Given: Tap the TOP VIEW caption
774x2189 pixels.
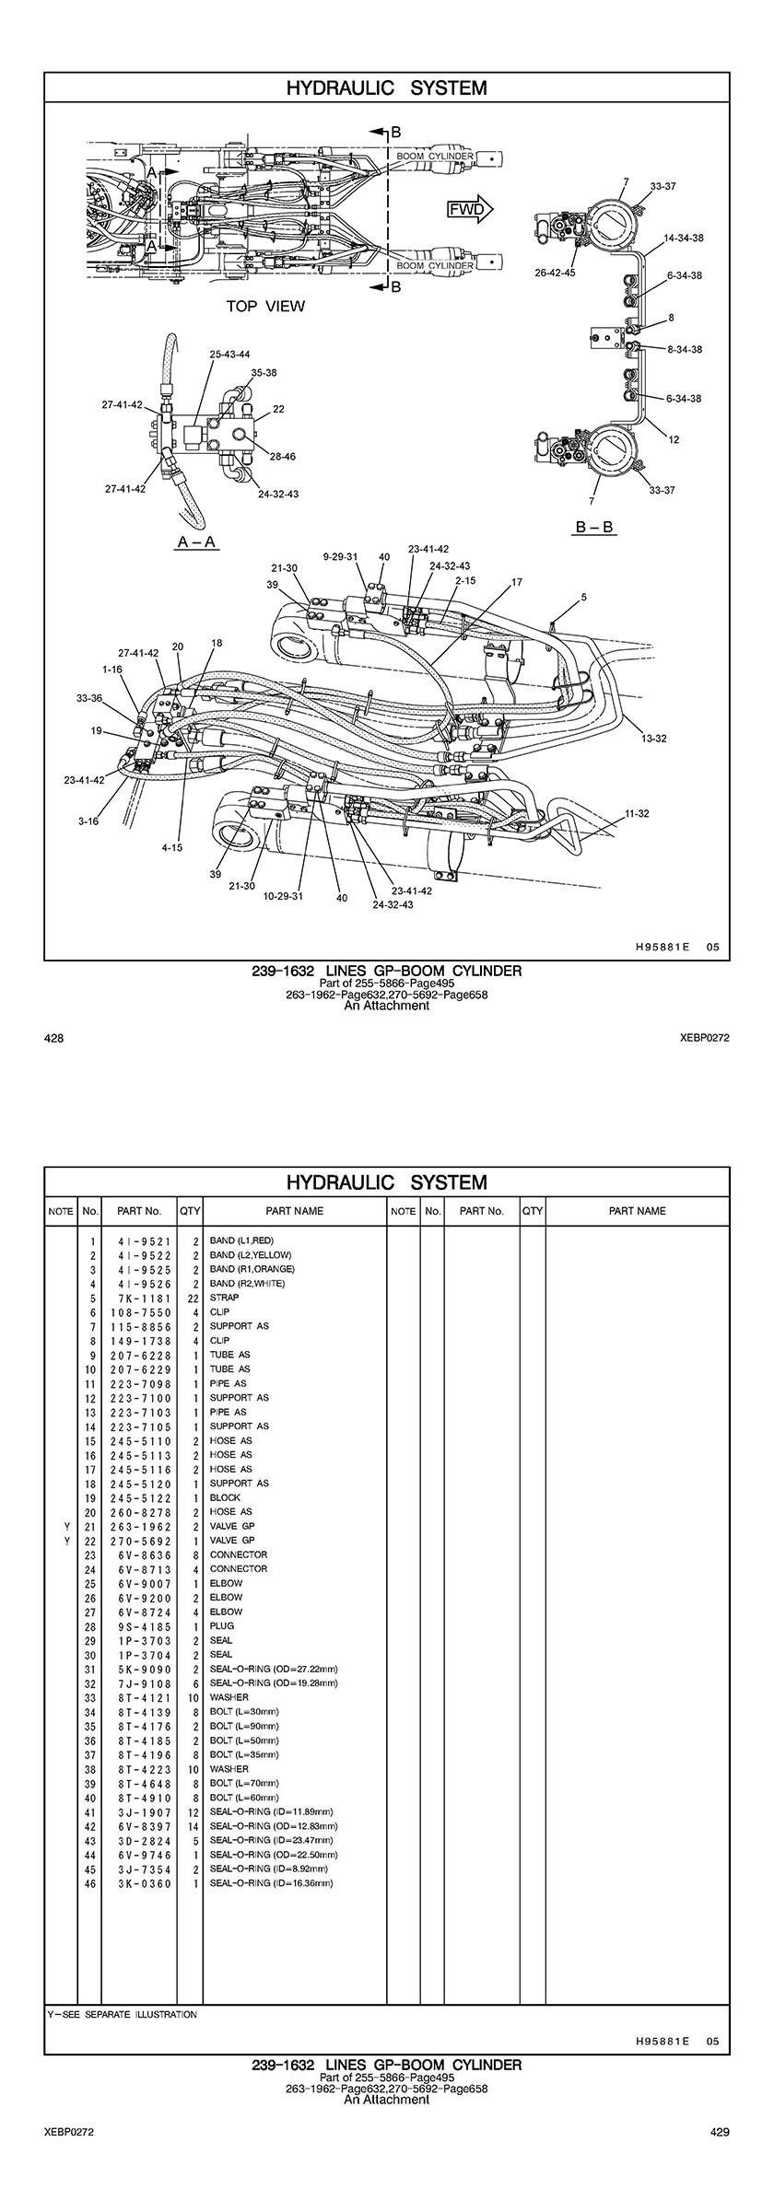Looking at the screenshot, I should point(265,306).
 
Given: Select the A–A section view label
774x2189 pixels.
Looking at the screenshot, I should point(196,541).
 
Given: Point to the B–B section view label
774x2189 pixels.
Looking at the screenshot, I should point(595,527).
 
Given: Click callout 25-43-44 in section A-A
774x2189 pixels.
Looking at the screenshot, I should point(229,354).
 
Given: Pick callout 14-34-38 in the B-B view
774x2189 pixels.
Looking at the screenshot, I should point(684,238).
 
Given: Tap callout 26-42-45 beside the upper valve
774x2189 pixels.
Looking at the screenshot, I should point(555,273).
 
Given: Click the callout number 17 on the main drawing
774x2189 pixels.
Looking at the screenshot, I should point(517,582).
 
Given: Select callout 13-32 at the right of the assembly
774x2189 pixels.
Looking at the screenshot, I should point(655,739).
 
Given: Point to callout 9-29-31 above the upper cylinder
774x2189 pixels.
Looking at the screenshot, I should point(341,556).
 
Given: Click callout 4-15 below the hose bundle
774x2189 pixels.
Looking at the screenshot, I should point(172,847).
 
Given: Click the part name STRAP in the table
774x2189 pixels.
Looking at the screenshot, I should point(224,1298).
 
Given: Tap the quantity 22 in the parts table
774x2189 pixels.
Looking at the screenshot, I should point(193,1298).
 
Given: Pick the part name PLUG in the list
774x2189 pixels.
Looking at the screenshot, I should point(222,1625).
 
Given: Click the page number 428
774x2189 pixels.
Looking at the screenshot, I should point(53,1038).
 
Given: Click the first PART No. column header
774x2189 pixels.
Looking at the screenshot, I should point(139,1211).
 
